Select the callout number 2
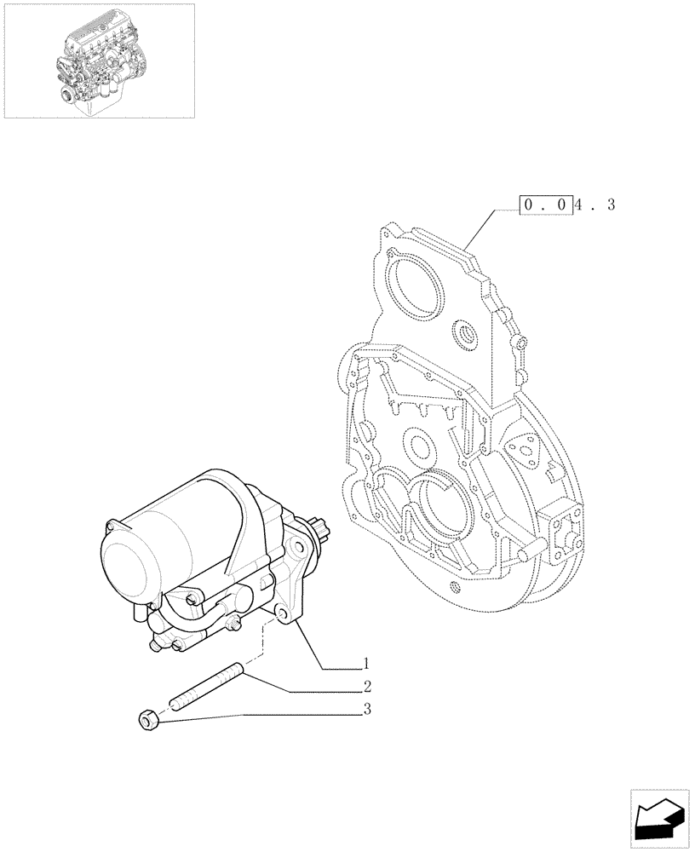click(367, 686)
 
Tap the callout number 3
click(367, 708)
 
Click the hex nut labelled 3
click(148, 721)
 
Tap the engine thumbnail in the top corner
click(99, 60)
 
